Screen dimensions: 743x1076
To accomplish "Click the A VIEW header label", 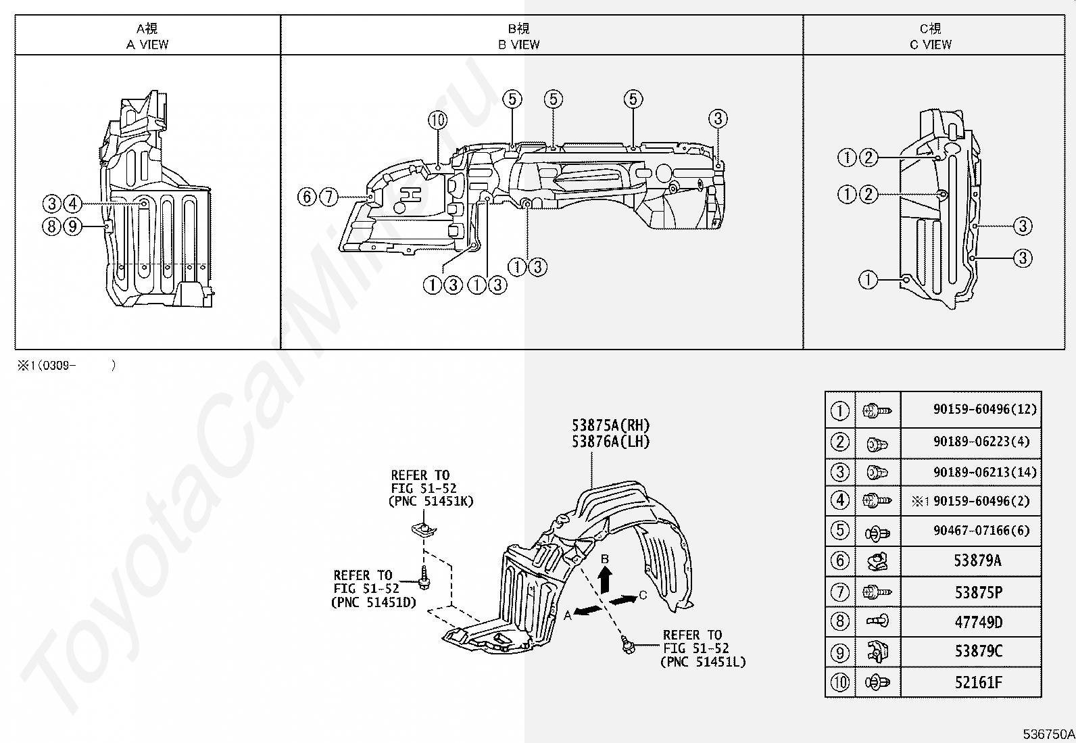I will pyautogui.click(x=147, y=45).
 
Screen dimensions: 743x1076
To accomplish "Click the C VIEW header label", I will pyautogui.click(x=930, y=45).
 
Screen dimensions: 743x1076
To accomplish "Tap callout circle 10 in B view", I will pyautogui.click(x=437, y=120).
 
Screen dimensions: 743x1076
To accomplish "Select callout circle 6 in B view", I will pyautogui.click(x=307, y=197).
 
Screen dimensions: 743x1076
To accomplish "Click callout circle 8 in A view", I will pyautogui.click(x=51, y=226).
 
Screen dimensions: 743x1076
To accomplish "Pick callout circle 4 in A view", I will pyautogui.click(x=72, y=203).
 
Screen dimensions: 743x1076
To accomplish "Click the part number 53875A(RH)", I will pyautogui.click(x=610, y=425).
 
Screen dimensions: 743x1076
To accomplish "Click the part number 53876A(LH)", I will pyautogui.click(x=610, y=441).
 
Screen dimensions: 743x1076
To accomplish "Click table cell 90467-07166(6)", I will pyautogui.click(x=981, y=531).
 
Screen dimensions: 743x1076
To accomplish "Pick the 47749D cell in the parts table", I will pyautogui.click(x=978, y=622).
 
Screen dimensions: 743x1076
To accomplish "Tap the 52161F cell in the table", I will pyautogui.click(x=978, y=682).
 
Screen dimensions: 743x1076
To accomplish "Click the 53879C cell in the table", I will pyautogui.click(x=978, y=652).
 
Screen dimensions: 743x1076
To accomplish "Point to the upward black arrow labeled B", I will pyautogui.click(x=606, y=579).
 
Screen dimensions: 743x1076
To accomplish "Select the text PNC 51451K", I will pyautogui.click(x=431, y=501).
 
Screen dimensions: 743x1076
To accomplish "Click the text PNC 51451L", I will pyautogui.click(x=703, y=662).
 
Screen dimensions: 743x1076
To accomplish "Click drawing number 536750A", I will pyautogui.click(x=1048, y=734).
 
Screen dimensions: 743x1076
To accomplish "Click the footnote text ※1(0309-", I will pyautogui.click(x=47, y=366).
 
